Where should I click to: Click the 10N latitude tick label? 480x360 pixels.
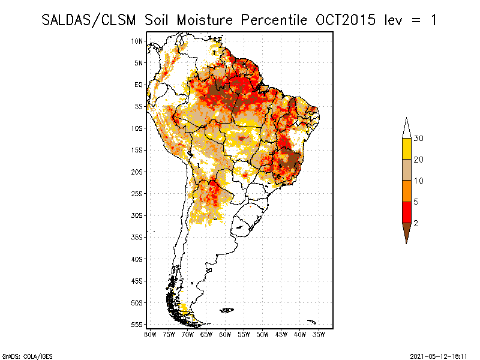pos(137,41)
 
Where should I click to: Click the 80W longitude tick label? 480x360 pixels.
pos(150,334)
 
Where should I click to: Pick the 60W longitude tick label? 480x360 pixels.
pos(225,334)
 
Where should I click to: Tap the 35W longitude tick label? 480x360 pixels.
pos(319,334)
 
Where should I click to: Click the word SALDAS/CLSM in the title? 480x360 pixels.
pos(91,20)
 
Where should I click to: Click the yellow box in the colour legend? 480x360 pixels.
pos(406,148)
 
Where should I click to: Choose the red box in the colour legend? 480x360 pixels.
pos(406,212)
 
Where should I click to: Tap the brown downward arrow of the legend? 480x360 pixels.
pos(406,232)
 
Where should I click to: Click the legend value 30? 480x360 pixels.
pos(419,139)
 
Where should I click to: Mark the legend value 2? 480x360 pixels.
pos(416,223)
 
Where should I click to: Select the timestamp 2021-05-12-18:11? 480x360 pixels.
pos(439,355)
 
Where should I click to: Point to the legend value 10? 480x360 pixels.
pos(419,181)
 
